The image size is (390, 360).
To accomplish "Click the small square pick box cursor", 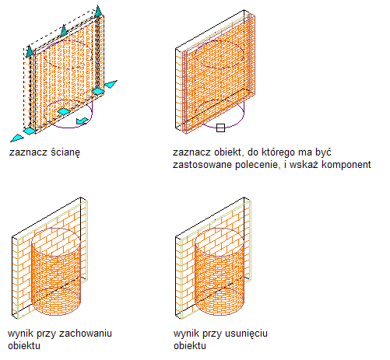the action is pyautogui.click(x=220, y=128).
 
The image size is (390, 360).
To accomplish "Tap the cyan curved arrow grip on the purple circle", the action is pyautogui.click(x=83, y=121).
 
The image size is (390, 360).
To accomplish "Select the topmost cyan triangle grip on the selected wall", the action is pyautogui.click(x=98, y=11).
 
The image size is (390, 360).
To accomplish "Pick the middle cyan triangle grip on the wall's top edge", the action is pyautogui.click(x=64, y=30).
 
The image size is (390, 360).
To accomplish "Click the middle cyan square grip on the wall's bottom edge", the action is pyautogui.click(x=64, y=111).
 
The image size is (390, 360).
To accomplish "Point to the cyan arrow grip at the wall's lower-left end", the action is pyautogui.click(x=17, y=138).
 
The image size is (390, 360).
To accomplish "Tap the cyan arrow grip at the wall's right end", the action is pyautogui.click(x=111, y=84).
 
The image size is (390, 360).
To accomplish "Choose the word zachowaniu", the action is pyautogui.click(x=86, y=334).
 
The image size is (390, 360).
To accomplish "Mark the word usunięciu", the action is pyautogui.click(x=246, y=334).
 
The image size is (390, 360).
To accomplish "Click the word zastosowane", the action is pyautogui.click(x=202, y=165).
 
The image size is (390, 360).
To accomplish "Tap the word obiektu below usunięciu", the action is pyautogui.click(x=190, y=346).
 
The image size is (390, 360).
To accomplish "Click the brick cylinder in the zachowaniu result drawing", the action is pyautogui.click(x=56, y=271).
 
